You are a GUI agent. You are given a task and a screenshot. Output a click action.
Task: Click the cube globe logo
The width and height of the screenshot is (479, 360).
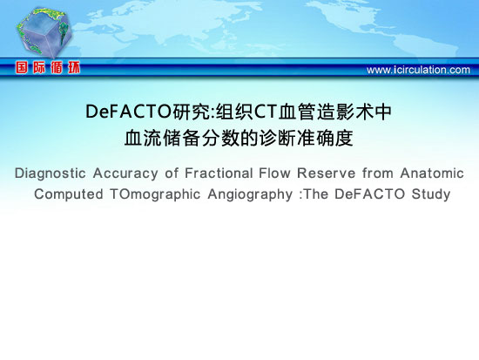[x=44, y=33]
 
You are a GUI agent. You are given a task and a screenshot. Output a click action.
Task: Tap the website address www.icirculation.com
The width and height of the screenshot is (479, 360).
[x=418, y=70]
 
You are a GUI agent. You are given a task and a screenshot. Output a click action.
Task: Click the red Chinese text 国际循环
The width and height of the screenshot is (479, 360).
[x=48, y=67]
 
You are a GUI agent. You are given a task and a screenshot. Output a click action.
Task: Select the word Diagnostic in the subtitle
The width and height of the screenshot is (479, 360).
[x=51, y=173]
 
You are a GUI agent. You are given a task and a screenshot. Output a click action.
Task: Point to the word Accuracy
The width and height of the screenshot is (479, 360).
[x=125, y=173]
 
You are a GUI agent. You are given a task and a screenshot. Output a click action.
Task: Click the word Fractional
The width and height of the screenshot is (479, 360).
[x=219, y=173]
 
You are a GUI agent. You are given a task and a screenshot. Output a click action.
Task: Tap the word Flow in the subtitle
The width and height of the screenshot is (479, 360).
[x=274, y=173]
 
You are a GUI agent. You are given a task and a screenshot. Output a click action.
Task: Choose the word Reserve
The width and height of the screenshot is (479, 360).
[x=327, y=173]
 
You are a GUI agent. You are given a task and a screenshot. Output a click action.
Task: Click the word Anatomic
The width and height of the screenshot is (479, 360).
[x=432, y=173]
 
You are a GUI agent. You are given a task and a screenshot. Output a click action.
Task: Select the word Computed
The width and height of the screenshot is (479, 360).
[x=69, y=194]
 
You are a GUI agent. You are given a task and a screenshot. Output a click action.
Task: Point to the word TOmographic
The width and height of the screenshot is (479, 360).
[x=155, y=195]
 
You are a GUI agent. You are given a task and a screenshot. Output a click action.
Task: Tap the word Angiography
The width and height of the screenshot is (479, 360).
[x=250, y=195]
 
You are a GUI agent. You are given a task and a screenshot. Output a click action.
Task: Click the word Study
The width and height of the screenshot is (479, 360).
[x=431, y=194]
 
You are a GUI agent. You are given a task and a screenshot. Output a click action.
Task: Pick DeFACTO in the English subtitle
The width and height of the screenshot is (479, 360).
[x=369, y=194]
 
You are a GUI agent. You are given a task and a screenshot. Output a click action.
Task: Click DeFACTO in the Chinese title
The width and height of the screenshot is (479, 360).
[x=129, y=112]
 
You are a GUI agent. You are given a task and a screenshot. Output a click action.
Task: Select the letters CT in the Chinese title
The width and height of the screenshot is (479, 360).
[x=265, y=112]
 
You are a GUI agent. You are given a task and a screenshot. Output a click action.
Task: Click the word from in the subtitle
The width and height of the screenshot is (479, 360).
[x=378, y=173]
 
